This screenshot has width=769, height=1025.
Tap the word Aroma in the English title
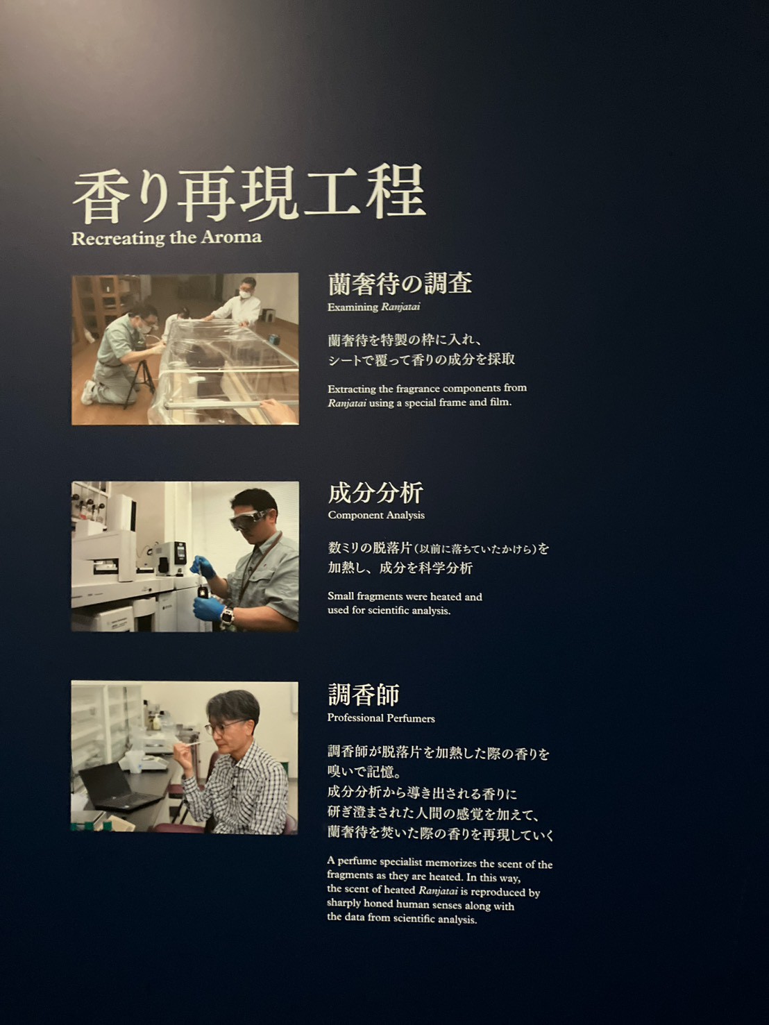point(232,237)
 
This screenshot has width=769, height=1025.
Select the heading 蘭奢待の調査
point(400,283)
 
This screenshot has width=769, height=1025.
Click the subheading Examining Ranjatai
point(373,307)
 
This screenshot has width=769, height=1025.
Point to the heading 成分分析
point(375,493)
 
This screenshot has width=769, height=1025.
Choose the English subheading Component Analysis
point(376,515)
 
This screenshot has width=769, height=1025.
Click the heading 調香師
point(363,695)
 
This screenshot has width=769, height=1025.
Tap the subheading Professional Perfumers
point(381,718)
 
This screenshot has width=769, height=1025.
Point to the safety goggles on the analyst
point(251,519)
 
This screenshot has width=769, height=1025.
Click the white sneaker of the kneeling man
point(87,393)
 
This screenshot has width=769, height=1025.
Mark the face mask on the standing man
point(246,294)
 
